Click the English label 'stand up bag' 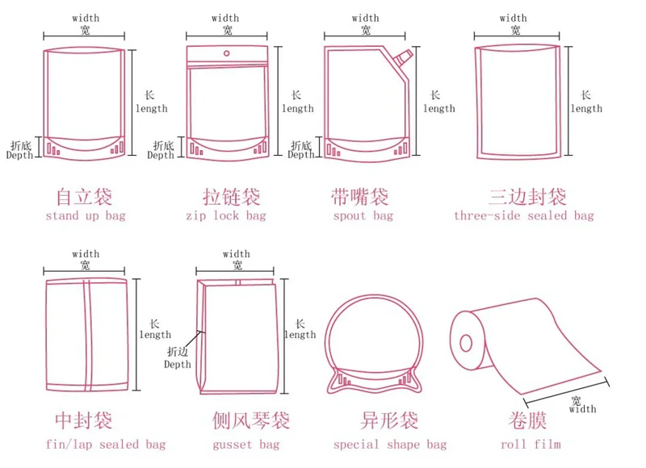(x=86, y=216)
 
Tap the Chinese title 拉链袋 (x=232, y=196)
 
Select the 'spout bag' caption (x=363, y=216)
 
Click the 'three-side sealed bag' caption (x=523, y=215)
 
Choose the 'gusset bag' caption (x=246, y=445)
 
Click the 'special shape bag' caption (x=389, y=445)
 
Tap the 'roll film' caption (x=531, y=445)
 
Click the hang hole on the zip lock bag (x=227, y=55)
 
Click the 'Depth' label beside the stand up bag (x=19, y=156)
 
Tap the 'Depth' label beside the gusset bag (x=178, y=365)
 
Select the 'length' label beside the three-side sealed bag (x=585, y=108)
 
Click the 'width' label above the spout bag (x=365, y=18)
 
